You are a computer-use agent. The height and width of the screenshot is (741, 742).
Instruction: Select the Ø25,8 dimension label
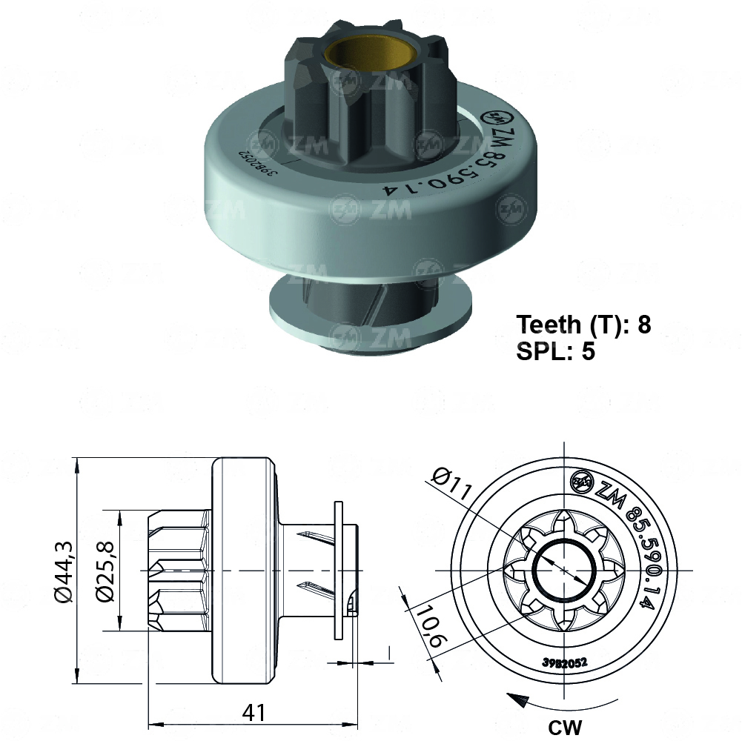[x=105, y=571]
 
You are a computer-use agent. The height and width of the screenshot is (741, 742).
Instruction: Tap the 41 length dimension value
[x=254, y=712]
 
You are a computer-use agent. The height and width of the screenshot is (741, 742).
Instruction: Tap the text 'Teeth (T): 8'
[x=583, y=324]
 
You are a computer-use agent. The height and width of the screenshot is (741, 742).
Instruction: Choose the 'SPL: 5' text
[x=555, y=350]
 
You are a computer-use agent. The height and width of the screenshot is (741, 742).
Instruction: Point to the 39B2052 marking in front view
[x=564, y=662]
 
